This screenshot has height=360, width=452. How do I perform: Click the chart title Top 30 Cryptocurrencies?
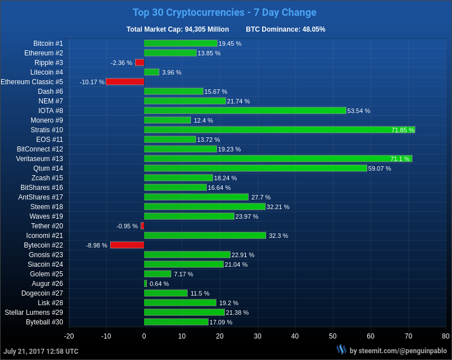(224, 12)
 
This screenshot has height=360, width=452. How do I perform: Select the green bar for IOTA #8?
(245, 111)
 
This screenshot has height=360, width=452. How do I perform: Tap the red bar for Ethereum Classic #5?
(125, 82)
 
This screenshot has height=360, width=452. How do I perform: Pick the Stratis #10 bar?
(279, 130)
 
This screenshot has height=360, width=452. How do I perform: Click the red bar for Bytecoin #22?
(127, 245)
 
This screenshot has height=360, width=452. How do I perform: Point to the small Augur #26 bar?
(145, 284)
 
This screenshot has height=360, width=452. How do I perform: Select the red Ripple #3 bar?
(140, 63)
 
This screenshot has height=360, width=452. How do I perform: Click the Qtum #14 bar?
(255, 168)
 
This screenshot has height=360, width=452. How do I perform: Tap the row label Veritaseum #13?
(40, 159)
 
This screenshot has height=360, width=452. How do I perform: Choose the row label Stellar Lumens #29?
(34, 313)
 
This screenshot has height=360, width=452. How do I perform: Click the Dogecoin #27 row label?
(42, 293)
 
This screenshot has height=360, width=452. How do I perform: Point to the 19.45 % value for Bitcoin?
(230, 44)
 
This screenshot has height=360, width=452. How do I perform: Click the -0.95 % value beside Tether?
(127, 226)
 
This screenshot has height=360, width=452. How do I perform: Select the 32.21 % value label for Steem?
(278, 207)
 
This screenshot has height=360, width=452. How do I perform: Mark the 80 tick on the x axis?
(445, 336)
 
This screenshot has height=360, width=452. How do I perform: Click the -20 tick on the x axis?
(69, 336)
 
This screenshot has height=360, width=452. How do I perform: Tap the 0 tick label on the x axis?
(144, 336)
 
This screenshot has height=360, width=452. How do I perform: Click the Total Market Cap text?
(177, 29)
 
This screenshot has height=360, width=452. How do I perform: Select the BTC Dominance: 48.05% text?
(285, 29)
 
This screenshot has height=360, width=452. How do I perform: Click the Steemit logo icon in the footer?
(341, 350)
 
